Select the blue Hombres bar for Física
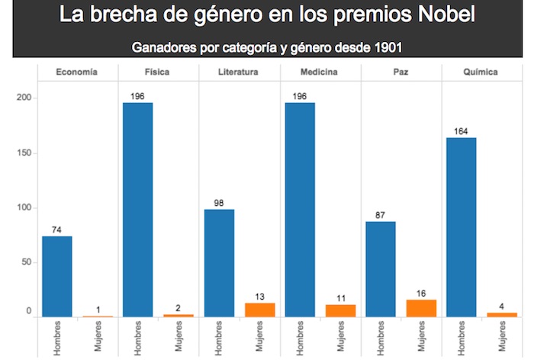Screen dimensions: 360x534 [138, 210]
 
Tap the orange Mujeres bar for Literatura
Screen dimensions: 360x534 [260, 310]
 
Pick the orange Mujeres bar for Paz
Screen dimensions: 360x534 [422, 308]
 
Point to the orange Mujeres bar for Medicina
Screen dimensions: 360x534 [341, 310]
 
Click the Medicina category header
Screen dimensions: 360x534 [320, 72]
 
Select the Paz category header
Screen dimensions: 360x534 [401, 72]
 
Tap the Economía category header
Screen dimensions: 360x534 [78, 72]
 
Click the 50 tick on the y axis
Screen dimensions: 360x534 [27, 262]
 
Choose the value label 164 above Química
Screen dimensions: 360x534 [462, 131]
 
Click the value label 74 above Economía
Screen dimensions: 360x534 [57, 230]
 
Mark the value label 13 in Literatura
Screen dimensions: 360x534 [260, 297]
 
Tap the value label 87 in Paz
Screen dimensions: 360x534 [381, 215]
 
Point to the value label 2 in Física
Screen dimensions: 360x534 [179, 308]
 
